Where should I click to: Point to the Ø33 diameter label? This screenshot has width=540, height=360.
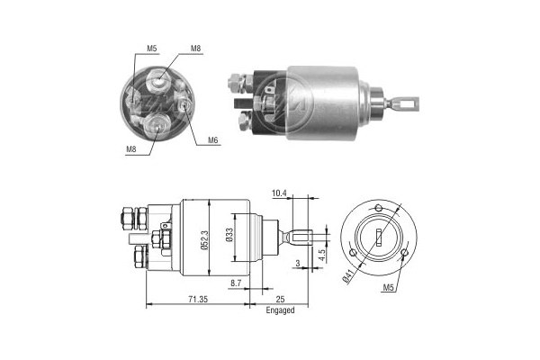pyautogui.click(x=229, y=238)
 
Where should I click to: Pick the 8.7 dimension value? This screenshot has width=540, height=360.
pyautogui.click(x=236, y=283)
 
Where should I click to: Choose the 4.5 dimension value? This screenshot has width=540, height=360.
pyautogui.click(x=322, y=254)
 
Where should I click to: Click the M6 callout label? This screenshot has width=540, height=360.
pyautogui.click(x=213, y=139)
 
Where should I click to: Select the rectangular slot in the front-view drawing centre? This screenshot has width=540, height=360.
pyautogui.click(x=380, y=238)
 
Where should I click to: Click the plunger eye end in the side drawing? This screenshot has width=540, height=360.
pyautogui.click(x=306, y=238)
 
